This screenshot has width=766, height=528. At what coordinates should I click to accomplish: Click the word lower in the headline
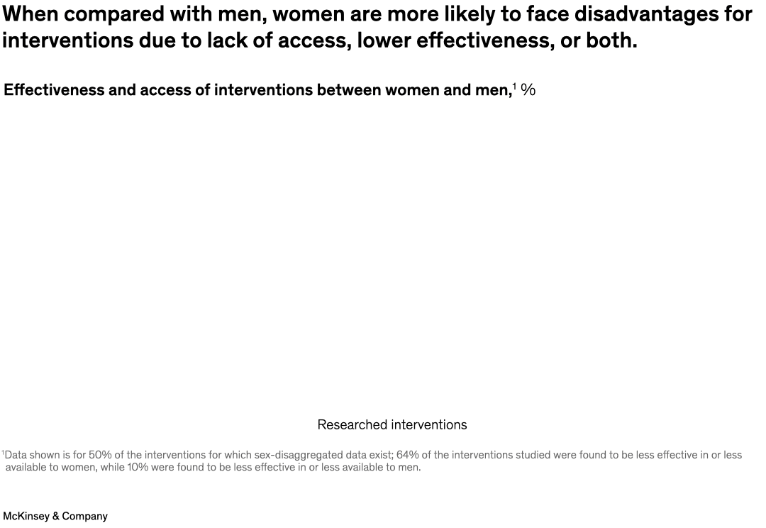(384, 41)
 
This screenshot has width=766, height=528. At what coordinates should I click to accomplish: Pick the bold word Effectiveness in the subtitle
(55, 90)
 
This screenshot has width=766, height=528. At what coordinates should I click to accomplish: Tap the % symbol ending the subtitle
(528, 90)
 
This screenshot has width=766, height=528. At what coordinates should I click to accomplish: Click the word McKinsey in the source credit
(26, 516)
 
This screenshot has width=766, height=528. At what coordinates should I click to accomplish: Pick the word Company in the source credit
(85, 516)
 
